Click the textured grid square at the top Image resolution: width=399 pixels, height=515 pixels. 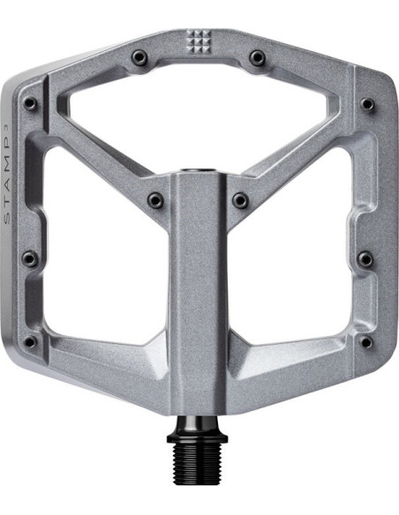[x=198, y=39]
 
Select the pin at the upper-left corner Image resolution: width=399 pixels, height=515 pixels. [x=30, y=103]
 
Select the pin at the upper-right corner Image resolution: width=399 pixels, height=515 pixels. [x=367, y=103]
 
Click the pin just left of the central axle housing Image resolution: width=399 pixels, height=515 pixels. [x=155, y=200]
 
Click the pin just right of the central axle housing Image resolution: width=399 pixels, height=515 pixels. [x=240, y=200]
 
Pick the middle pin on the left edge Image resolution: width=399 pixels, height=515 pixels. [x=29, y=258]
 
